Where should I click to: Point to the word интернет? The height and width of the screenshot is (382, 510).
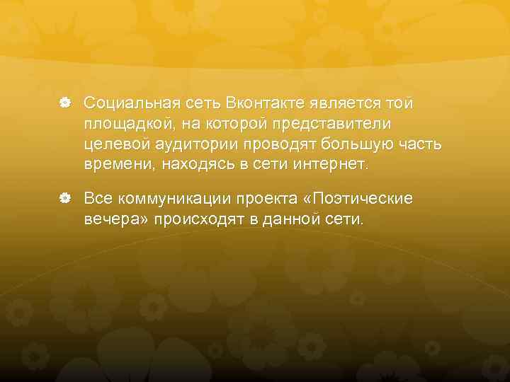331,166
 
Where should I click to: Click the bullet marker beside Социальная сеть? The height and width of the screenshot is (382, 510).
64,104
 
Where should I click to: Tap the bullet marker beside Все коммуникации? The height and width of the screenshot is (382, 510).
64,199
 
